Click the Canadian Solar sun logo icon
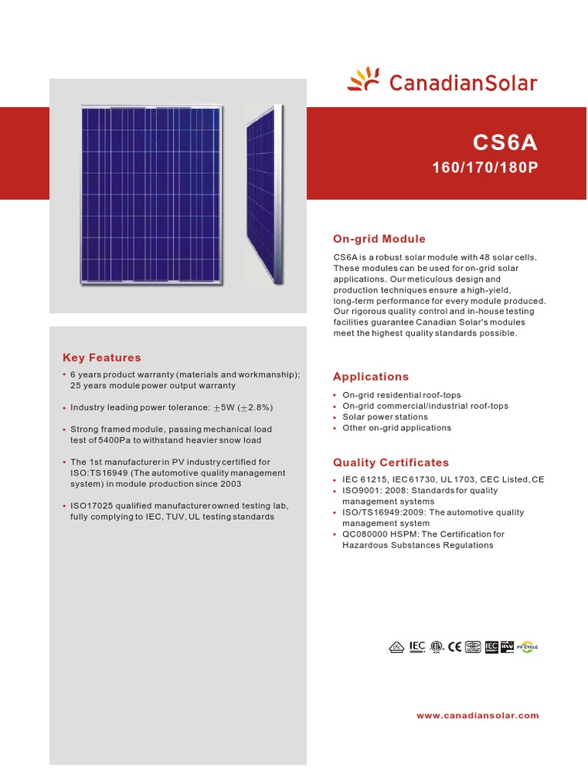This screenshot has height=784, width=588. click(x=364, y=80)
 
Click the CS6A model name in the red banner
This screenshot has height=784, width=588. click(x=505, y=143)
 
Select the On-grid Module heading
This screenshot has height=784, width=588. click(x=379, y=239)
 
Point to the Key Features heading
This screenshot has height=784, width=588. click(x=102, y=358)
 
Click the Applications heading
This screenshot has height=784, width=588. click(x=371, y=377)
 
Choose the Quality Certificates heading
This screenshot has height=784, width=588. click(x=390, y=462)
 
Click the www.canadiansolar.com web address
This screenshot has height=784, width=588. click(x=477, y=716)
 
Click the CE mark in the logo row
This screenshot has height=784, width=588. click(x=455, y=647)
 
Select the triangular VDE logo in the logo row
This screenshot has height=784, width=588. click(x=396, y=647)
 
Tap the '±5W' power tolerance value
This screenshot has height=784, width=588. click(x=224, y=407)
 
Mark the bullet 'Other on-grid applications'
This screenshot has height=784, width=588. click(x=397, y=428)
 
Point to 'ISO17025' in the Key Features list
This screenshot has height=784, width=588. click(x=90, y=506)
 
